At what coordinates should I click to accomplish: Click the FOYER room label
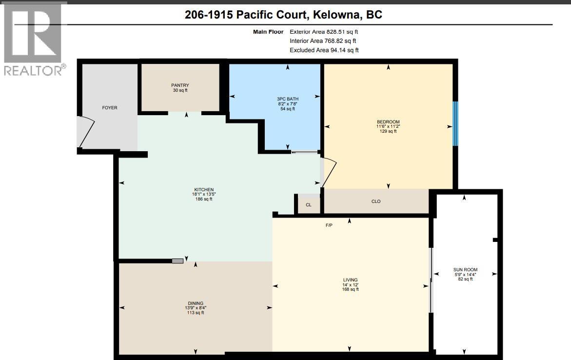pos(109,107)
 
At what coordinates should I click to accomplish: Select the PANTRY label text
pos(180,85)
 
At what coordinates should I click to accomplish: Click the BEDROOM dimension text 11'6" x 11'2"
pos(388,126)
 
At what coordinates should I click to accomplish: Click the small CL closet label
pos(308,205)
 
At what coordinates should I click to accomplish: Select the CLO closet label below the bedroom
pos(375,201)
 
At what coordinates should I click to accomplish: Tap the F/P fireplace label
pos(329,225)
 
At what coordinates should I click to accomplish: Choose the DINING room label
pos(196,303)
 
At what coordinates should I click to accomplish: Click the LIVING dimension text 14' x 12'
pos(350,285)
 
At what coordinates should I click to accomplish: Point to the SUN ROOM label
pos(465,270)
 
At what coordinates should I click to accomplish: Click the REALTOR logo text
pos(33,70)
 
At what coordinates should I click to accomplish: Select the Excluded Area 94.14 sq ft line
pos(324,50)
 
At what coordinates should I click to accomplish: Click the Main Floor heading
pos(268,32)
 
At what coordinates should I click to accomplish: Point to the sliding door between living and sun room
pos(431,280)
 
